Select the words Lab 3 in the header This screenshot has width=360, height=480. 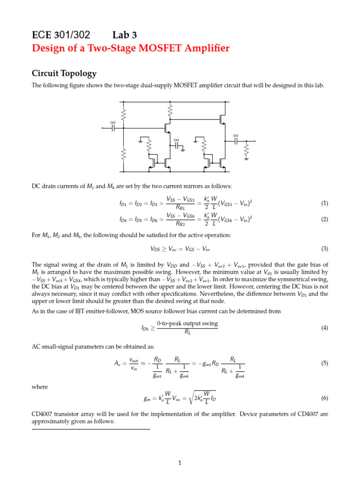125,35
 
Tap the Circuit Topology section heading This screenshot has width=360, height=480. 64,74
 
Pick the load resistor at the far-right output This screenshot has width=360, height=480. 246,151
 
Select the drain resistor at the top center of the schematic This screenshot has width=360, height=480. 170,111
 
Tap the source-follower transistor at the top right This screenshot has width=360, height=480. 221,120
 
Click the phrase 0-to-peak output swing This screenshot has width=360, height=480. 187,324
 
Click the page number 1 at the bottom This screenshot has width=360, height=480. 180,464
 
